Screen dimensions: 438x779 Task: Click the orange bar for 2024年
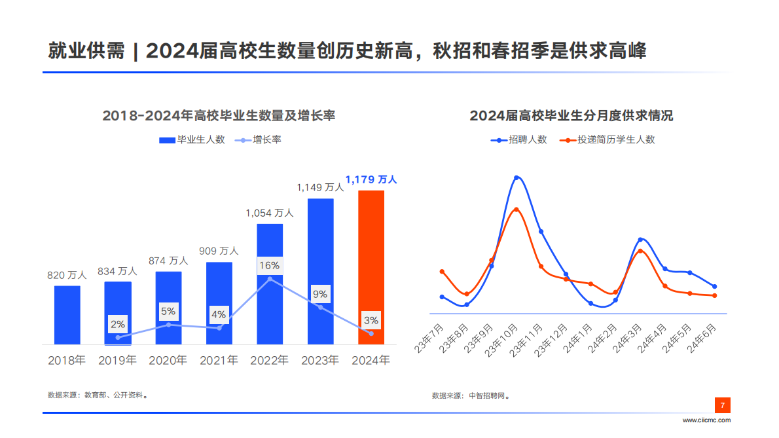pyautogui.click(x=371, y=267)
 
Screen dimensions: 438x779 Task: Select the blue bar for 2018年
pyautogui.click(x=67, y=315)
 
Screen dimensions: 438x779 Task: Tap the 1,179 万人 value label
pyautogui.click(x=371, y=179)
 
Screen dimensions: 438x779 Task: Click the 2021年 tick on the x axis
pyautogui.click(x=219, y=360)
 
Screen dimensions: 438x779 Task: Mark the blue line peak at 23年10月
pyautogui.click(x=516, y=177)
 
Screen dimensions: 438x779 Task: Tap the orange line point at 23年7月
pyautogui.click(x=442, y=272)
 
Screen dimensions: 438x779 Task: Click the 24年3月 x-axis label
pyautogui.click(x=632, y=339)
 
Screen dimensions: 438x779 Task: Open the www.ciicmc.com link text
pyautogui.click(x=706, y=420)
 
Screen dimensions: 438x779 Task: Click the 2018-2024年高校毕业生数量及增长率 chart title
pyautogui.click(x=219, y=116)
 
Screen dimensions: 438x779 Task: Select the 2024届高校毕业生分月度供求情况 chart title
pyautogui.click(x=571, y=116)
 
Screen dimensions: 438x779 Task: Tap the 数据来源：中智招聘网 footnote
pyautogui.click(x=471, y=395)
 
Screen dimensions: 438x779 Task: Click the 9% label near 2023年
pyautogui.click(x=320, y=294)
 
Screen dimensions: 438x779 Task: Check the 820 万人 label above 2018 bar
pyautogui.click(x=67, y=276)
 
